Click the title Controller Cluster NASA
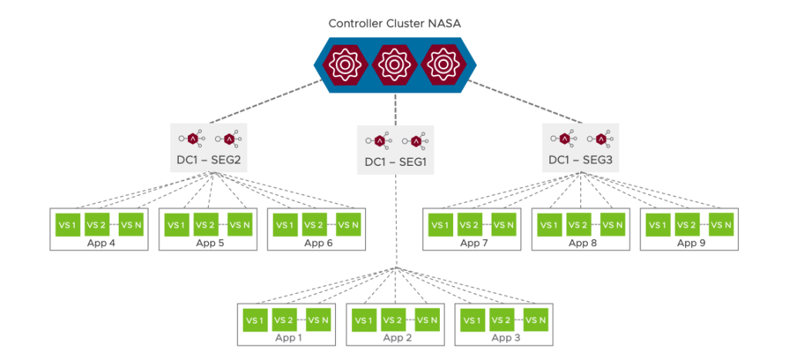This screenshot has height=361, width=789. click(x=394, y=23)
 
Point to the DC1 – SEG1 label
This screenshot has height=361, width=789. click(x=395, y=163)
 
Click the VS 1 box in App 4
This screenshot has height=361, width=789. click(x=66, y=225)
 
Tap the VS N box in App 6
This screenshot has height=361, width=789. click(x=351, y=225)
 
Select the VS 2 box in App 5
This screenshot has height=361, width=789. click(x=205, y=225)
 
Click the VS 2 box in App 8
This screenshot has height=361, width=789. click(x=579, y=225)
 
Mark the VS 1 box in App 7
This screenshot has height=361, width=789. click(x=441, y=225)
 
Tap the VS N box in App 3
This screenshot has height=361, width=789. click(x=536, y=319)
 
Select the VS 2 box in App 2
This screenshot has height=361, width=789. click(x=394, y=319)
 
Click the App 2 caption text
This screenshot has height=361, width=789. click(x=398, y=337)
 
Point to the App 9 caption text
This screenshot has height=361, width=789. click(x=691, y=243)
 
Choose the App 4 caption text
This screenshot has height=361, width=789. click(x=99, y=243)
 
